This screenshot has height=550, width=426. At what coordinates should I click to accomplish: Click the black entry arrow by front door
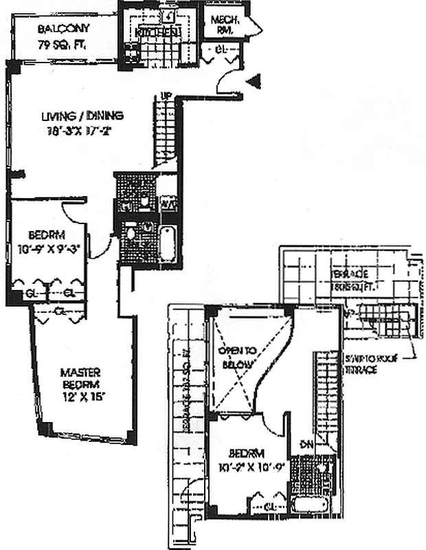pos(255,83)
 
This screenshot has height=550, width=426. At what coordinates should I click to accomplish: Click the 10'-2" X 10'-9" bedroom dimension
pos(247,472)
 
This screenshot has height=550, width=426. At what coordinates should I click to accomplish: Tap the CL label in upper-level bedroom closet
pos(273,507)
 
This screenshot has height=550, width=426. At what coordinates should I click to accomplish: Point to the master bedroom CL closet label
pos(61,310)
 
